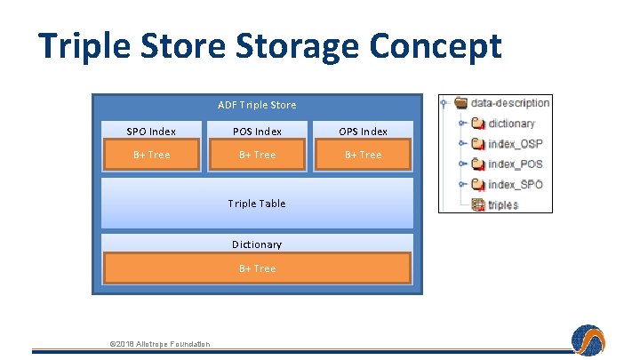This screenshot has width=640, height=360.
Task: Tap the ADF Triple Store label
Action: pyautogui.click(x=257, y=105)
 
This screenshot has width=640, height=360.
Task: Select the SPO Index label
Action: pyautogui.click(x=151, y=132)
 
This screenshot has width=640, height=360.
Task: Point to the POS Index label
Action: pyautogui.click(x=257, y=132)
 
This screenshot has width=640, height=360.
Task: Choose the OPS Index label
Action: pyautogui.click(x=363, y=132)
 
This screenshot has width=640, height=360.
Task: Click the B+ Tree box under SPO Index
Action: pyautogui.click(x=151, y=156)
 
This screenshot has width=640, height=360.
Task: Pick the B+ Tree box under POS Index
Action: pyautogui.click(x=257, y=156)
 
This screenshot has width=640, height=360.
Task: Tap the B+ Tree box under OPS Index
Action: pyautogui.click(x=363, y=156)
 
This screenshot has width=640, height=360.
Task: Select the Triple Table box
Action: pyautogui.click(x=257, y=204)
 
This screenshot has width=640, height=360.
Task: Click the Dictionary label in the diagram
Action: pyautogui.click(x=257, y=244)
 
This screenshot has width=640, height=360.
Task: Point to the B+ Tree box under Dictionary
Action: pyautogui.click(x=257, y=268)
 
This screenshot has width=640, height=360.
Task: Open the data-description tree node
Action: pyautogui.click(x=509, y=103)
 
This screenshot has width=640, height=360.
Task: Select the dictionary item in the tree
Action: pyautogui.click(x=511, y=124)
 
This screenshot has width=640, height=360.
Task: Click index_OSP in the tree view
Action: pyautogui.click(x=515, y=144)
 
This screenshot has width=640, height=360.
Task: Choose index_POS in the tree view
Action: pyautogui.click(x=515, y=164)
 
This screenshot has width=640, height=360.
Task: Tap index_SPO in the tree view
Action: pyautogui.click(x=515, y=185)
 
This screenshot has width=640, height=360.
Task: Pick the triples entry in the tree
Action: pyautogui.click(x=502, y=204)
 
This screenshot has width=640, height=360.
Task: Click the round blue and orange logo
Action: pyautogui.click(x=588, y=340)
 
